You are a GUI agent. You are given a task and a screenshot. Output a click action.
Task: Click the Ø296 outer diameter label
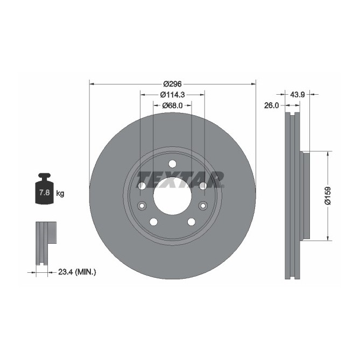point(172,84)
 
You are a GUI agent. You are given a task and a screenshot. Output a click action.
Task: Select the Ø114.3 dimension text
point(172,94)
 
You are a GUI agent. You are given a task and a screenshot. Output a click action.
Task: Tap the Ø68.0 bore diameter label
point(172,105)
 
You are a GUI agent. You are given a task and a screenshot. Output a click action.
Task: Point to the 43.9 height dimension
point(298,94)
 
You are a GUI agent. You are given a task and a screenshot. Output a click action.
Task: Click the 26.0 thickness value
point(271,105)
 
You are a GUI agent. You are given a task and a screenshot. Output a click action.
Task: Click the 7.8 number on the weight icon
point(42,193)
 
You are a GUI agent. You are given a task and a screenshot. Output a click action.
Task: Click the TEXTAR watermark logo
point(180,178)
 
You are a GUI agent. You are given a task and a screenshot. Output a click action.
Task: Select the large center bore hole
point(172,196)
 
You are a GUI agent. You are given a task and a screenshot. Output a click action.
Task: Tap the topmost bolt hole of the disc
point(172,164)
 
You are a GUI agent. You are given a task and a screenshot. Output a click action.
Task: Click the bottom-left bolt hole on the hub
point(153,222)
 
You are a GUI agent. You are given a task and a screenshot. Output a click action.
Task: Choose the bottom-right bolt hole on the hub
point(191,222)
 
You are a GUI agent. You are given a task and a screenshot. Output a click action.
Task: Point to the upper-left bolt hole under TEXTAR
point(142,186)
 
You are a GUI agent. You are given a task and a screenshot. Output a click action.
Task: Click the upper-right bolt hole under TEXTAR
point(203,186)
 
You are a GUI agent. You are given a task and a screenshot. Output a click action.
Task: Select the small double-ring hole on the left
point(142,205)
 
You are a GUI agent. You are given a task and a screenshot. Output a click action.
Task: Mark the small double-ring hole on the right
point(202,205)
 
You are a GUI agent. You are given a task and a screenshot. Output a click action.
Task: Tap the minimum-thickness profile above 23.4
point(46,242)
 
